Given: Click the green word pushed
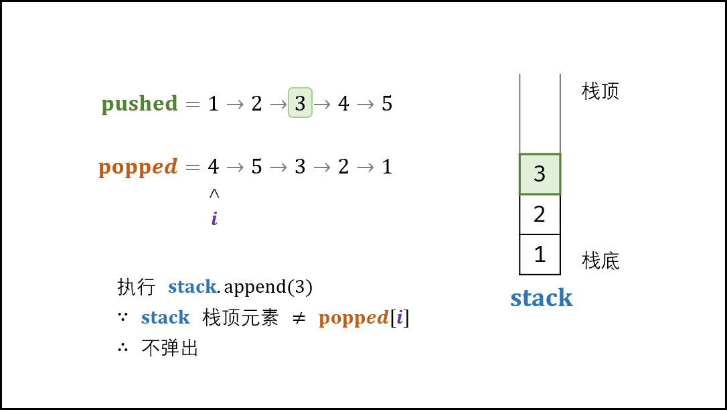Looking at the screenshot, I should (139, 104).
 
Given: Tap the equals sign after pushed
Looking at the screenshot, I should (193, 105).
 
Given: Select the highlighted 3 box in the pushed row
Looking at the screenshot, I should (300, 102).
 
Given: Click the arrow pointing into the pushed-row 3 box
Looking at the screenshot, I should (278, 105).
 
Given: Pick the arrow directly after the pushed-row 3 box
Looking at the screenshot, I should (322, 105).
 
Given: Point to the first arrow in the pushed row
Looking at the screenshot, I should (235, 105).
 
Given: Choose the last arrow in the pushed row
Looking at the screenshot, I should (365, 105).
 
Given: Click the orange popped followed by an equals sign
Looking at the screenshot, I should (138, 167).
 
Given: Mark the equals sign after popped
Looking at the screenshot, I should (193, 167).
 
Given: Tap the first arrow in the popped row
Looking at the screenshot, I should (235, 167).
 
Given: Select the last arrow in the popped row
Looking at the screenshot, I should (365, 167).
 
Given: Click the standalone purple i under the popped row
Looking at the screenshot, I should (214, 219).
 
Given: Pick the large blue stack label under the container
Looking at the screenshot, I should (541, 298).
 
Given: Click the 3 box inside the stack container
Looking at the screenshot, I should (540, 174).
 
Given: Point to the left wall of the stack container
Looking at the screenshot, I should (519, 114).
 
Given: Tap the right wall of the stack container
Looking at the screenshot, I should (560, 114).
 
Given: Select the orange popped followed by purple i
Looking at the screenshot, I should (353, 318).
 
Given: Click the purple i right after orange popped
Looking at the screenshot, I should (400, 317).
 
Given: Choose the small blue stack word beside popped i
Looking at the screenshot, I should (165, 318).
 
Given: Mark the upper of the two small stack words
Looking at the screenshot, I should (192, 287).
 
